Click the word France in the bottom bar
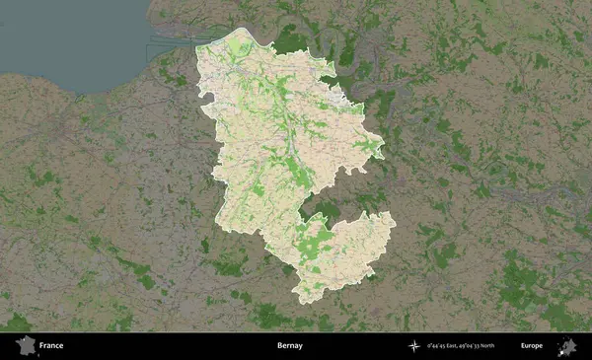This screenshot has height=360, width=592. [51, 346]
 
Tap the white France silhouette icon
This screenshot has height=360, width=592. [25, 346]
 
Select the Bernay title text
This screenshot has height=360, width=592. [290, 346]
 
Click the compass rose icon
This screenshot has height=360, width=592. [417, 346]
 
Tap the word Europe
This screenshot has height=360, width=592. [532, 346]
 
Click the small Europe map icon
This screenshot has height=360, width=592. [566, 346]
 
